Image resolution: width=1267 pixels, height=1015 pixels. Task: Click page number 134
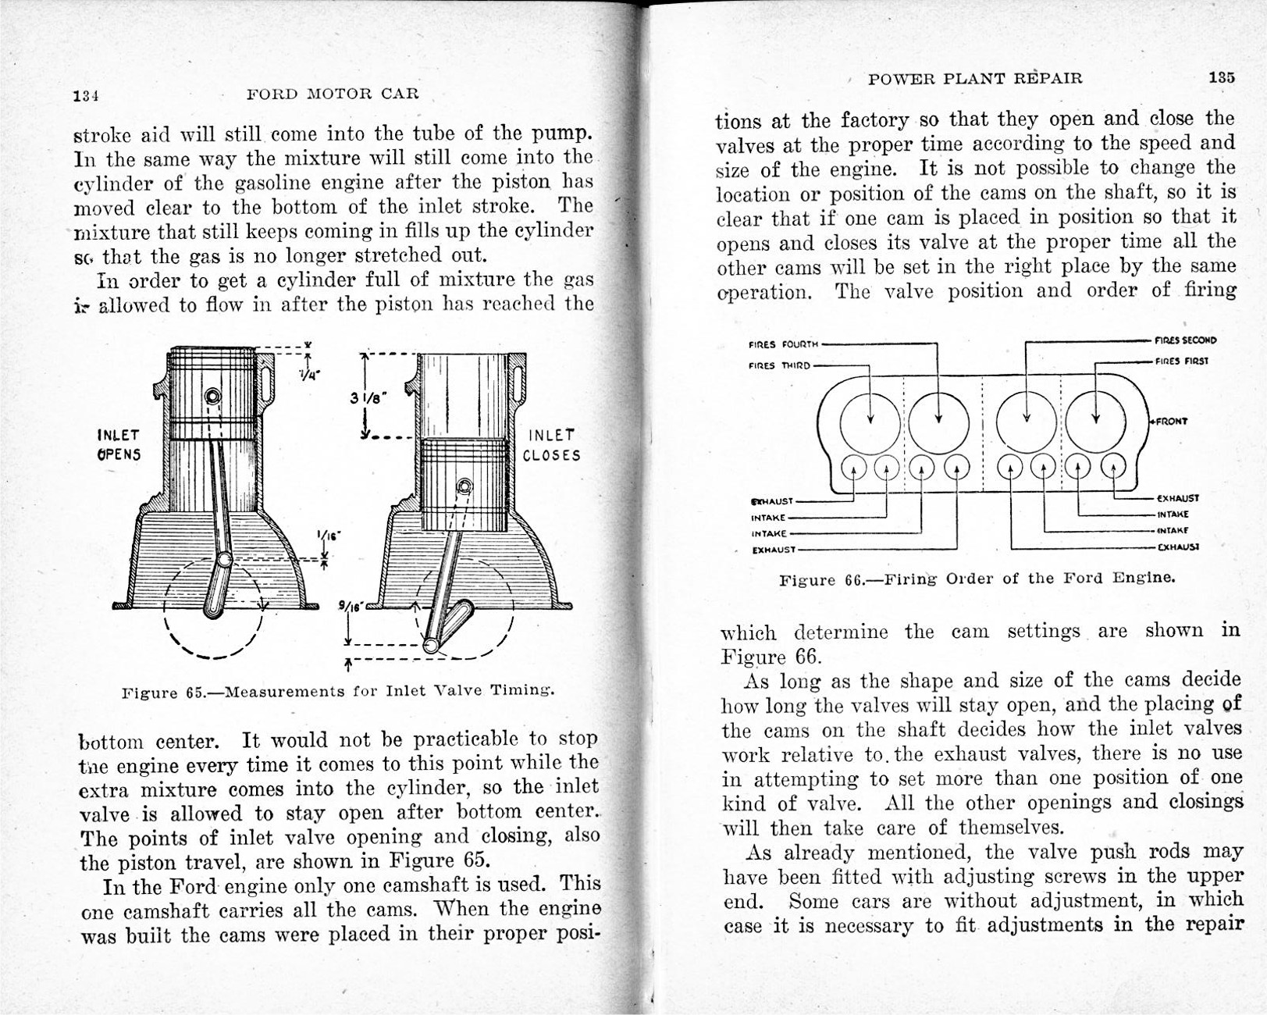(84, 96)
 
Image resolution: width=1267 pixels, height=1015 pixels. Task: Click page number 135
(1222, 77)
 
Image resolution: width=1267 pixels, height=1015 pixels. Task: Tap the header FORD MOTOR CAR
(333, 94)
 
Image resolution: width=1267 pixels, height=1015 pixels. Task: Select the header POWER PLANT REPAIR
(975, 78)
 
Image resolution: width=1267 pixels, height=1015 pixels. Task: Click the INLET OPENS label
(119, 444)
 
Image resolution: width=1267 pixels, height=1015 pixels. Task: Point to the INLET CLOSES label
(551, 445)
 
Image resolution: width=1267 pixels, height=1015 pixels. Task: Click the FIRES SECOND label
(1185, 340)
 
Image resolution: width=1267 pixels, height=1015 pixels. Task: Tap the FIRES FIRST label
(1183, 361)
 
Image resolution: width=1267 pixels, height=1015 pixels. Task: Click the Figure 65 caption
(339, 691)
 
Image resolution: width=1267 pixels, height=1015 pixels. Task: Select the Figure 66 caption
(977, 579)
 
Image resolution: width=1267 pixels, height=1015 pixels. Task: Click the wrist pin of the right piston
(465, 487)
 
